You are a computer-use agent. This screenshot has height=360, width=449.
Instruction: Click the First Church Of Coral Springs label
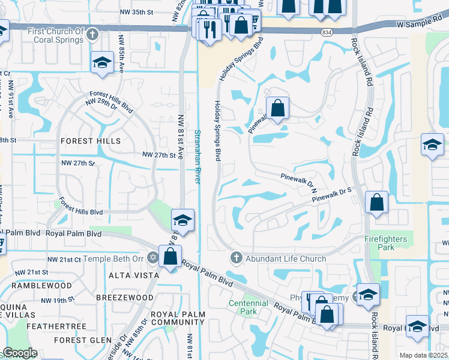(55, 35)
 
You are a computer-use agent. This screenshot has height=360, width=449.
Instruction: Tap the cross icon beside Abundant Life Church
(237, 259)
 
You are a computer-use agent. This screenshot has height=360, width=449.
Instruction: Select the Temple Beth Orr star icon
(152, 259)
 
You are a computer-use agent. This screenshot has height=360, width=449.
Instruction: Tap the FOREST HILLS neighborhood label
(91, 141)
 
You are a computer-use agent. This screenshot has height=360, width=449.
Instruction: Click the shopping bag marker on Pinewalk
(277, 109)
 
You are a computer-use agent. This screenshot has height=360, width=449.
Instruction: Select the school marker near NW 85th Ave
(103, 62)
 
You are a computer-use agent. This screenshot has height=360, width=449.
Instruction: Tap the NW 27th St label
(162, 155)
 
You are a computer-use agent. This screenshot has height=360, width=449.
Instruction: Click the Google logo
(20, 353)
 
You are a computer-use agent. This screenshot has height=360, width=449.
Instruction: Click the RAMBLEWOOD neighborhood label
(44, 286)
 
